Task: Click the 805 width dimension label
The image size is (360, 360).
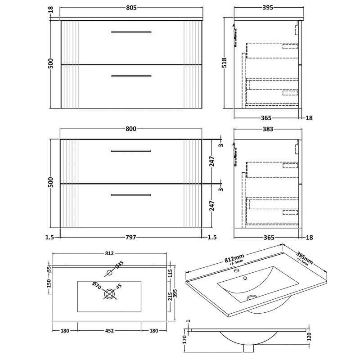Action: point(131,8)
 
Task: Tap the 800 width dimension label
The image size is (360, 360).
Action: point(131,129)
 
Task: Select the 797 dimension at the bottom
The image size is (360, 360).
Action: point(131,237)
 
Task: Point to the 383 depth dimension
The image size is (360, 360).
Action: point(268,129)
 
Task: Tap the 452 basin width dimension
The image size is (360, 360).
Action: point(110,331)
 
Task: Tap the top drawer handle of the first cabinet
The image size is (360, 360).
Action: point(131,32)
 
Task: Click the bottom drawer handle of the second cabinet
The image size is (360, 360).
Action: point(131,195)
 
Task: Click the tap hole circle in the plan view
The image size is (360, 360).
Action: point(109,272)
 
